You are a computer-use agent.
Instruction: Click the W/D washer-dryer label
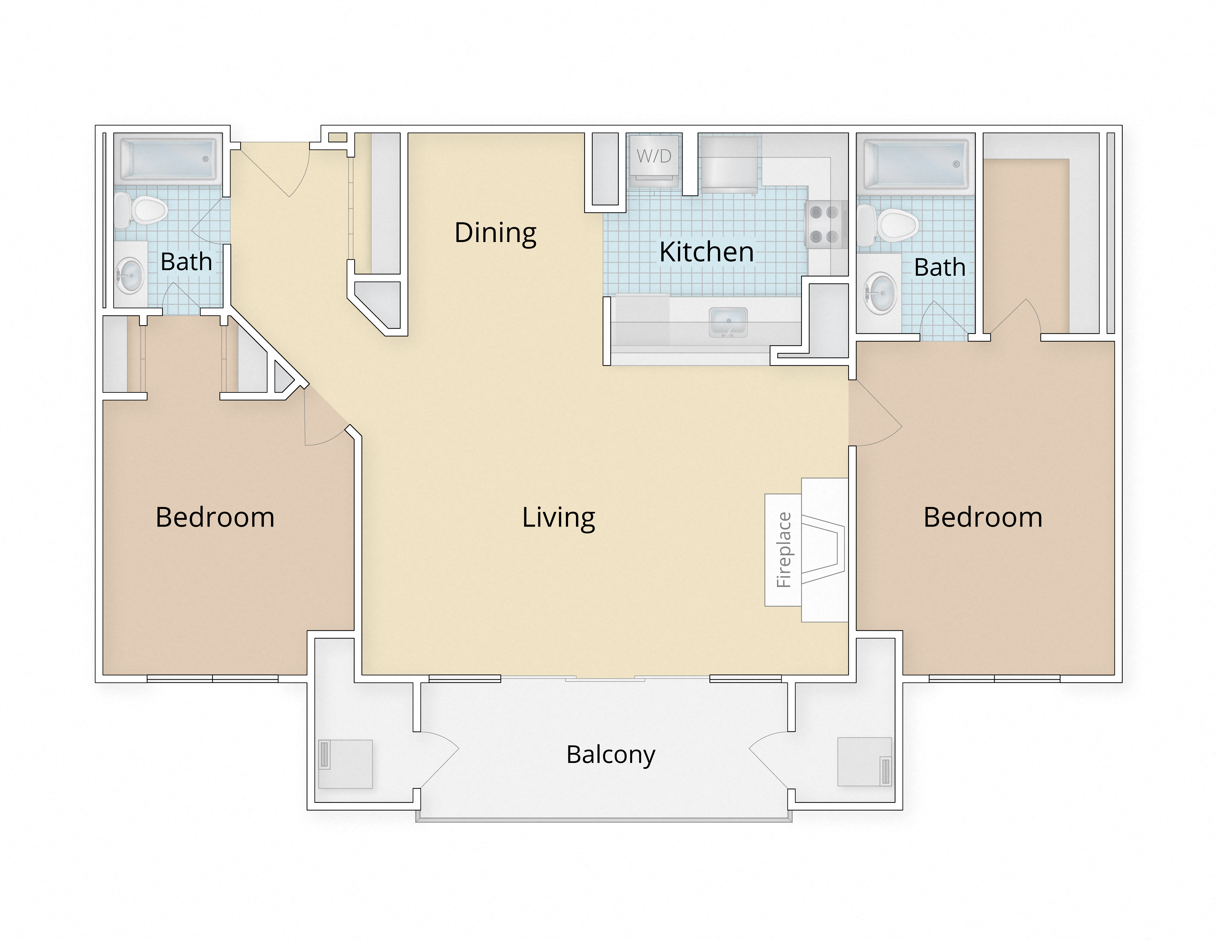click(654, 156)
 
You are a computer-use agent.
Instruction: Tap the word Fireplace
click(784, 550)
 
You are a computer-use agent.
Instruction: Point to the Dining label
click(495, 233)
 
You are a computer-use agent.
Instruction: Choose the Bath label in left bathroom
click(186, 262)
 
